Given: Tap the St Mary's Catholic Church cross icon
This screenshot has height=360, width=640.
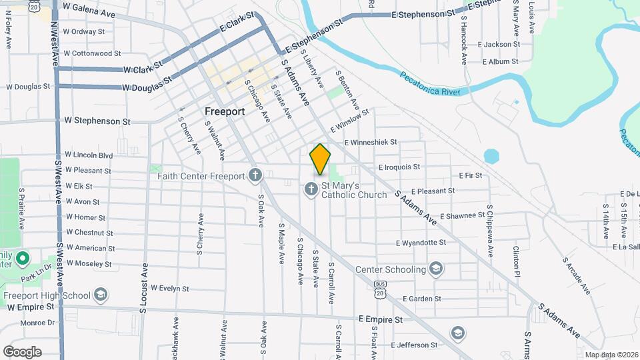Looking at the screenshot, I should [311, 190].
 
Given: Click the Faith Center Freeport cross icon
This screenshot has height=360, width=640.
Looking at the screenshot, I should [255, 176].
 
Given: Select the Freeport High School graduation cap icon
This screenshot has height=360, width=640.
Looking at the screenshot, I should [101, 295].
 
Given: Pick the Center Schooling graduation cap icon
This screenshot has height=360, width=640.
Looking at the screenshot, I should [436, 269].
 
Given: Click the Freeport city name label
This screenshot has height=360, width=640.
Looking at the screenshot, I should [225, 111].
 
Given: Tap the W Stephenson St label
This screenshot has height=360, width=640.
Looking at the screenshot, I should [97, 121].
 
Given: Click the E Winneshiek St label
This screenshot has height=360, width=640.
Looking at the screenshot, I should [371, 142].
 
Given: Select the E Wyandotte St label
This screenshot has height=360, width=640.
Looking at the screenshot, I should [421, 243].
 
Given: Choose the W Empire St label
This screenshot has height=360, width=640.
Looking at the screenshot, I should [31, 307].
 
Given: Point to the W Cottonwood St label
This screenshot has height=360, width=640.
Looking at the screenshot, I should [93, 53].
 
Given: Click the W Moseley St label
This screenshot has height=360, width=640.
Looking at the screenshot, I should [89, 263].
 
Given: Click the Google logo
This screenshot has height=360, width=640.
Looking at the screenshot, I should [22, 351].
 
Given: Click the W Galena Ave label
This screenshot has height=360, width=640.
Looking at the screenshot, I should [89, 7].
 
